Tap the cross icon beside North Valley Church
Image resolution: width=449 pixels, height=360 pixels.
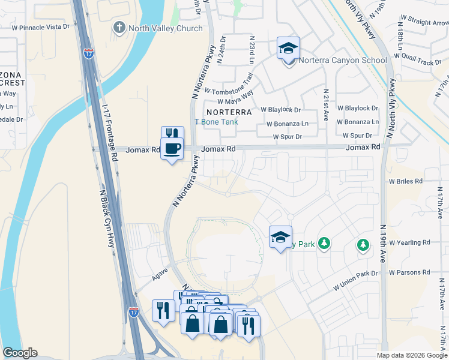tap(119, 28)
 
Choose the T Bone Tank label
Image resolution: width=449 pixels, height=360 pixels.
tap(216, 122)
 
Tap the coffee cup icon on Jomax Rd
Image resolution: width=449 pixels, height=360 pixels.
tap(172, 149)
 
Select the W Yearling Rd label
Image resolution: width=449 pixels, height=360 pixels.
tap(409, 243)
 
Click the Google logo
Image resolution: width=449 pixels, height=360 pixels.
tap(20, 353)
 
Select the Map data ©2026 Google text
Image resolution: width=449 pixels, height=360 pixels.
tap(411, 355)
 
